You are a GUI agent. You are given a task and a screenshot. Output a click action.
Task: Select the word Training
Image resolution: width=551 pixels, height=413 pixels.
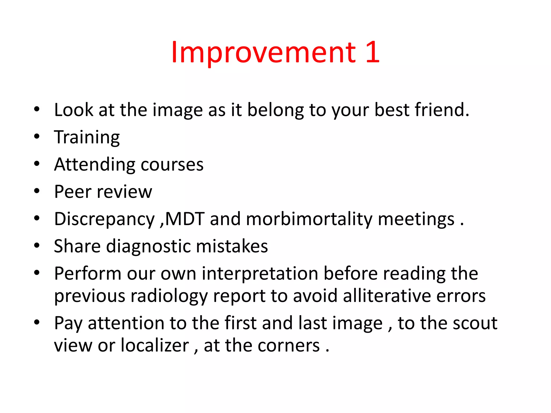(87, 138)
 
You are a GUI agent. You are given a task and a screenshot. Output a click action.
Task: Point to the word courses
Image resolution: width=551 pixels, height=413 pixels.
(172, 165)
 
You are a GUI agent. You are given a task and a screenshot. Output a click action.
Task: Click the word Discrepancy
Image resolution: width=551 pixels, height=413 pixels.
(104, 219)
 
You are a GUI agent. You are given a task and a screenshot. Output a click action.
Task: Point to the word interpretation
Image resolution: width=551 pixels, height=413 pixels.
(260, 274)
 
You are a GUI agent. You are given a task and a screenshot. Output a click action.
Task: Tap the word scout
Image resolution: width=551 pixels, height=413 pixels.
(475, 323)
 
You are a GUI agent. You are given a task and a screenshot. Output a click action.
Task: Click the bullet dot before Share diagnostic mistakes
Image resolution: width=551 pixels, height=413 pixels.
(37, 245)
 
